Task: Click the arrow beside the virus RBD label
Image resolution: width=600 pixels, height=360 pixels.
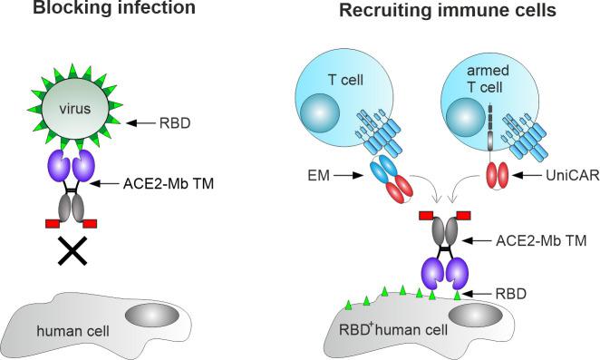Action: click(144, 120)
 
